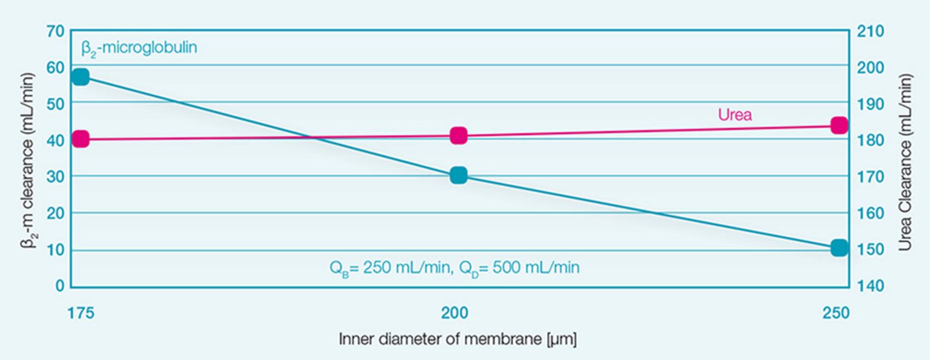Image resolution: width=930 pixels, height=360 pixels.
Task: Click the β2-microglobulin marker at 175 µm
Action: click(x=81, y=77)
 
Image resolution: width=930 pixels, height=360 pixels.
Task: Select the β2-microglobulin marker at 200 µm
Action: click(x=458, y=175)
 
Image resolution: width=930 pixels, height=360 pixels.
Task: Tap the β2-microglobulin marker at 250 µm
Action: click(x=839, y=247)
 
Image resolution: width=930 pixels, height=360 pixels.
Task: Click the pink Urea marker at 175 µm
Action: click(x=81, y=139)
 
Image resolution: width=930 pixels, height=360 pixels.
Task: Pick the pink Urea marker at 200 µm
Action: click(x=458, y=135)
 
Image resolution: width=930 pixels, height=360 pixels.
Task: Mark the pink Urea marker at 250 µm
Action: click(x=839, y=125)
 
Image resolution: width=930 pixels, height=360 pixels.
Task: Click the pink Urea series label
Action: click(x=734, y=115)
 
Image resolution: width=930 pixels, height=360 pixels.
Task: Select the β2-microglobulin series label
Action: click(x=139, y=48)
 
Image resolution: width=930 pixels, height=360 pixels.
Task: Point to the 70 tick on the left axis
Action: click(x=55, y=31)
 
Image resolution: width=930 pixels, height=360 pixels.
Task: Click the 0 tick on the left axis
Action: click(x=60, y=286)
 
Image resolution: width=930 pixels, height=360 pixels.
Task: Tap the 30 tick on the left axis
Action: click(x=55, y=176)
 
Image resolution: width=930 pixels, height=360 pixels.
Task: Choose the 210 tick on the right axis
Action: click(x=870, y=31)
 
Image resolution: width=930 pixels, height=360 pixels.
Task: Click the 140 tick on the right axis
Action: click(x=870, y=286)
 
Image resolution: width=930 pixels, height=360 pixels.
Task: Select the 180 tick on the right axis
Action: click(x=870, y=140)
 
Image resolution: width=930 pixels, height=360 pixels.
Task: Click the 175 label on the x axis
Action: click(x=81, y=313)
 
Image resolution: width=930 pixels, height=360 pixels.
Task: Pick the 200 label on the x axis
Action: click(x=454, y=313)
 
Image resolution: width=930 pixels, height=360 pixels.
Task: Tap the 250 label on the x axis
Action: click(x=835, y=313)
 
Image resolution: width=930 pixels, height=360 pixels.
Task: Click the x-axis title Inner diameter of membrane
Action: click(x=457, y=339)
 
